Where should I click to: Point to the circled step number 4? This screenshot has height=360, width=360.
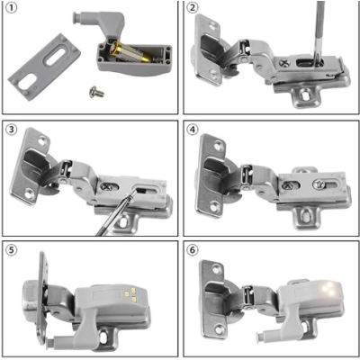[x=193, y=128]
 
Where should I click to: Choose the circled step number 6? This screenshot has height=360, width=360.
[x=193, y=249]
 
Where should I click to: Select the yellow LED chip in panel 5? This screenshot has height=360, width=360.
[x=132, y=292]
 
